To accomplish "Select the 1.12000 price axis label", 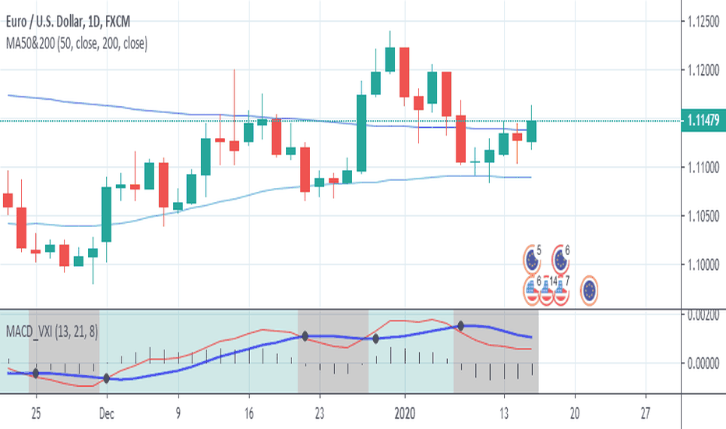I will click(x=703, y=70).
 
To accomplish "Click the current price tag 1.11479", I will click(x=703, y=120).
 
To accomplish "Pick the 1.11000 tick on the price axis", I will click(x=703, y=168).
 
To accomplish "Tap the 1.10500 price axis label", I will click(x=703, y=216).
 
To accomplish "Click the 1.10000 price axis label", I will click(x=703, y=265).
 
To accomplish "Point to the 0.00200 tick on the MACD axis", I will click(x=703, y=314).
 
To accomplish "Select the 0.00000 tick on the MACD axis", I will click(x=703, y=363).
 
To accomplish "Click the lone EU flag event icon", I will click(x=590, y=290).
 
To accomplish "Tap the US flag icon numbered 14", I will click(x=547, y=290).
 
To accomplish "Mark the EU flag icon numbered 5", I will click(x=532, y=258).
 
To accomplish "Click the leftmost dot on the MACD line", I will click(x=35, y=374).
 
